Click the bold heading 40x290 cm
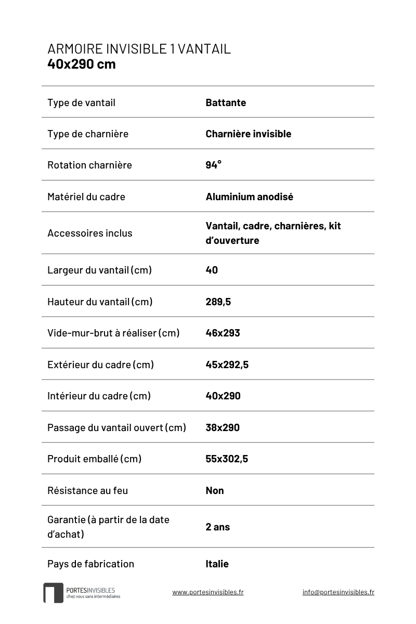[x=82, y=64]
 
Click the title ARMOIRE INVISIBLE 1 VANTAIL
[x=139, y=49]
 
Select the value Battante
[x=226, y=102]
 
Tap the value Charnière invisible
[x=248, y=134]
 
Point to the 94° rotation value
[x=213, y=165]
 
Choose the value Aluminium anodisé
[x=249, y=197]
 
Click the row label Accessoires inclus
[x=89, y=233]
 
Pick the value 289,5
[x=218, y=302]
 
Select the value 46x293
[x=223, y=333]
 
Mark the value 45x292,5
[x=227, y=365]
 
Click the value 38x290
[x=223, y=427]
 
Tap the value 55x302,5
[x=227, y=459]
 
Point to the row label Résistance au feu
[x=87, y=490]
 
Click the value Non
[x=215, y=490]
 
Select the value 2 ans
[x=217, y=527]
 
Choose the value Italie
[x=217, y=564]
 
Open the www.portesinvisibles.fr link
[x=208, y=592]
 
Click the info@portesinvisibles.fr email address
[x=338, y=592]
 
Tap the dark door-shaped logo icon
[x=53, y=593]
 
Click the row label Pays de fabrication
[x=90, y=564]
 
